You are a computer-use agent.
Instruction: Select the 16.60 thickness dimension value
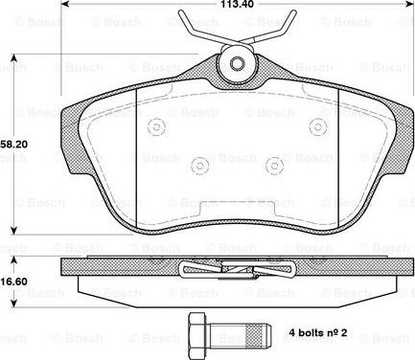click(x=13, y=281)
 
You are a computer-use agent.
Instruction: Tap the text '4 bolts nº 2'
click(x=318, y=333)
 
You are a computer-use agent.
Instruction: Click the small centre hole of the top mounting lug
click(x=237, y=63)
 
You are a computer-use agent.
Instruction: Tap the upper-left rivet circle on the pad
click(x=156, y=126)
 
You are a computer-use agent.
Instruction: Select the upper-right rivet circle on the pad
click(x=318, y=126)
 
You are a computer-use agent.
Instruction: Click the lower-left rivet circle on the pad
click(x=199, y=166)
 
